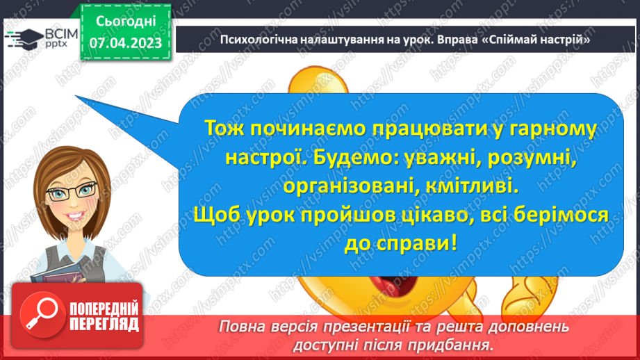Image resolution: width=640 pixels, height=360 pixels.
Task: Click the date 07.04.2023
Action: (x=125, y=43)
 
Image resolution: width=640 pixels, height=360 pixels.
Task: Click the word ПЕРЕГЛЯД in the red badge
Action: (x=102, y=323)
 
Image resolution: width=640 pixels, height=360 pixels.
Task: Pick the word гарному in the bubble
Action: (x=554, y=129)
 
